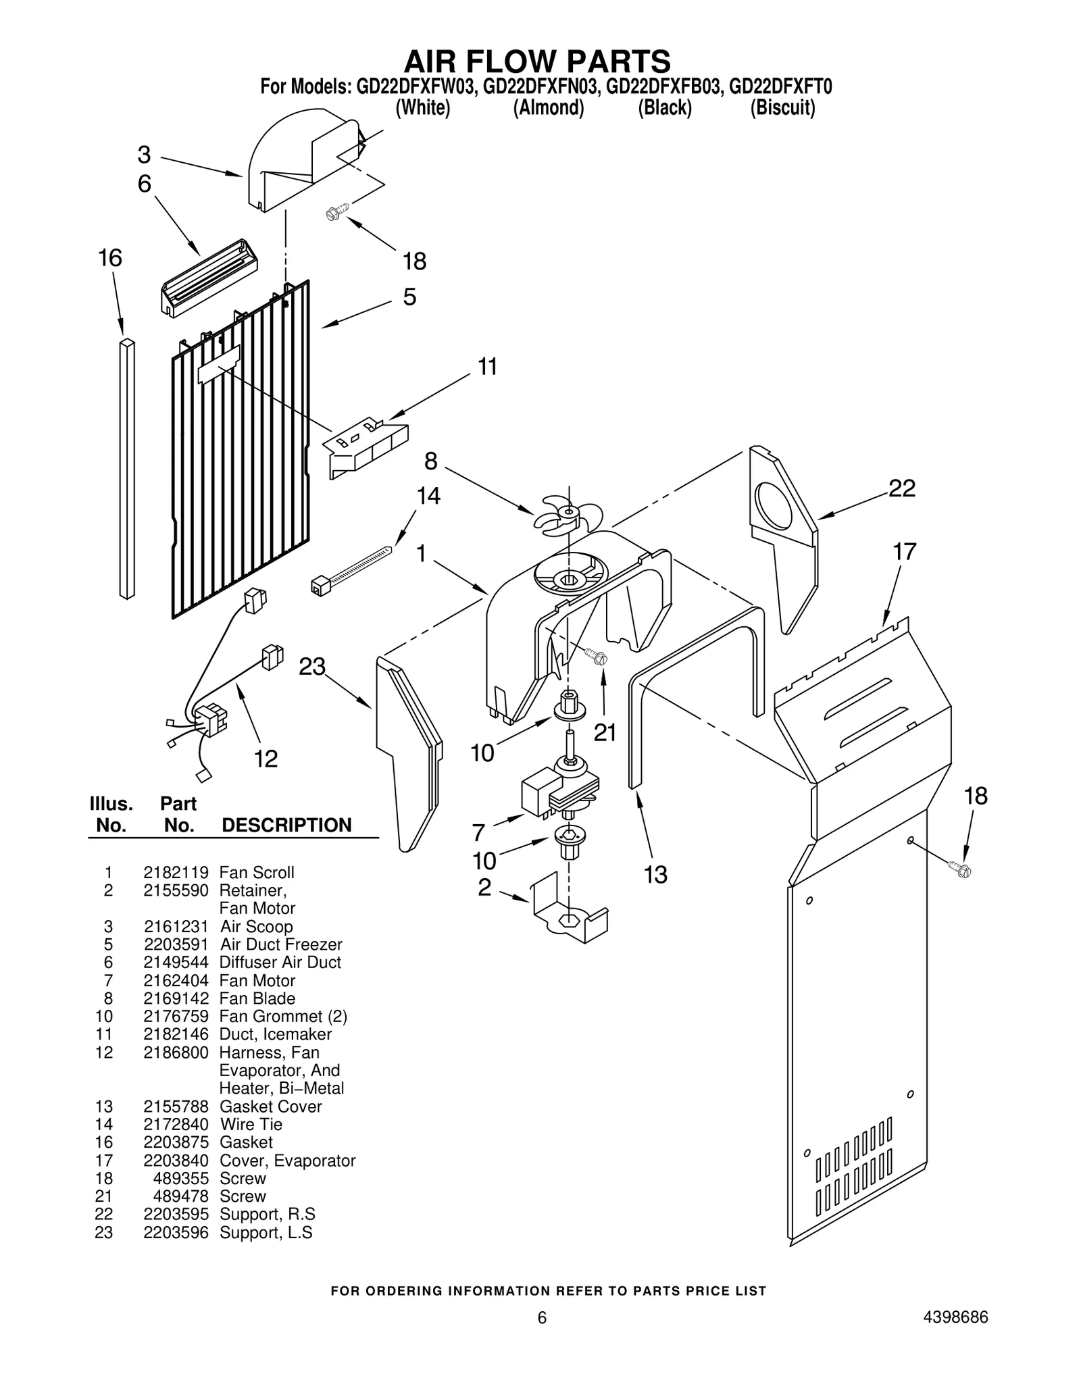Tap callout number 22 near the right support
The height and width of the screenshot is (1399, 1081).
tap(901, 488)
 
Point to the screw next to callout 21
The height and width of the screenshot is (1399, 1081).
tap(597, 656)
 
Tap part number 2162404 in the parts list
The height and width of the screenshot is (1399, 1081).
tap(176, 980)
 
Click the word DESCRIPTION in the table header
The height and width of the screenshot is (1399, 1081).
tap(286, 825)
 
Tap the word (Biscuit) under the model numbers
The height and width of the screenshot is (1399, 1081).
tap(782, 108)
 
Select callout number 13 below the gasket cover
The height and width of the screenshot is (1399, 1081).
tap(655, 874)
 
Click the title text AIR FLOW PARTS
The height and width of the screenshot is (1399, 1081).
tap(537, 61)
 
